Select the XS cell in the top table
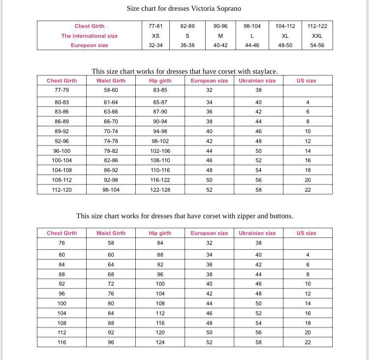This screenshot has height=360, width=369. coord(155,36)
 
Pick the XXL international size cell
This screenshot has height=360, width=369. coord(317,36)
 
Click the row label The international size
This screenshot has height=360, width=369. coord(90,36)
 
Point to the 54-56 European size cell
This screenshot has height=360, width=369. coord(317,45)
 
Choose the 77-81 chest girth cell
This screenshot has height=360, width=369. coord(155,26)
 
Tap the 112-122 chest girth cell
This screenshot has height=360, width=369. coord(317,26)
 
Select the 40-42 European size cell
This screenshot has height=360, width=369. coord(220,45)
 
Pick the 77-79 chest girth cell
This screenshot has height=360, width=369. coord(62,90)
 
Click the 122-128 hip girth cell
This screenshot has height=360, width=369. coord(160,190)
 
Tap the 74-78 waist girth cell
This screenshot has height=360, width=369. coord(111,141)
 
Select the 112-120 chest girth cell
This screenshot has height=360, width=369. coord(62,190)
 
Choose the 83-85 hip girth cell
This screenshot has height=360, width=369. coord(160,90)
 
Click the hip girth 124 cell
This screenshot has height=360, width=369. coord(160,342)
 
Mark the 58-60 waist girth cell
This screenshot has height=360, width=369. coord(111,90)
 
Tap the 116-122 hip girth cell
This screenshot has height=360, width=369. coord(160,180)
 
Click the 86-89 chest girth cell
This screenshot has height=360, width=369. coord(62,121)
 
